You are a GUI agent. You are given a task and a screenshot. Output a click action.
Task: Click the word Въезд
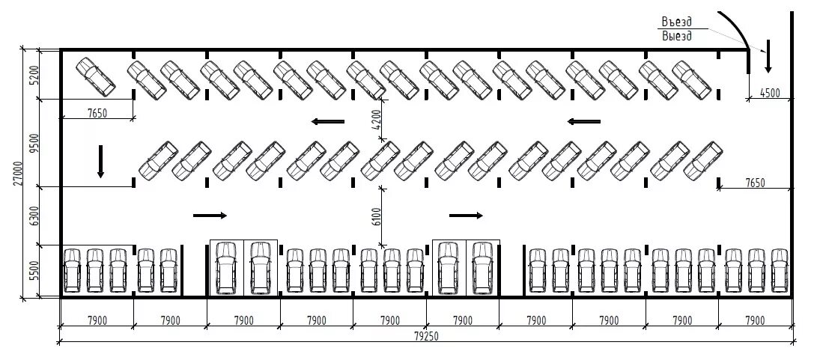(677, 22)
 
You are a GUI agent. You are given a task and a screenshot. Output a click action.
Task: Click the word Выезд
(677, 35)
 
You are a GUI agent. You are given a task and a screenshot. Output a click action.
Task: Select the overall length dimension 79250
(426, 336)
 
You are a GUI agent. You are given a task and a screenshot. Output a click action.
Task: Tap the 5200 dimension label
(34, 75)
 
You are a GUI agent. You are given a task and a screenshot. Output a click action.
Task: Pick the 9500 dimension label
(34, 142)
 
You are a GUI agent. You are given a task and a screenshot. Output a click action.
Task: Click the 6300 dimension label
(34, 216)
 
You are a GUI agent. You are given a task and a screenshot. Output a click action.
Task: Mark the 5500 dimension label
(34, 270)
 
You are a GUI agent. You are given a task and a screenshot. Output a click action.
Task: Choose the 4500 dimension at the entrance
(770, 93)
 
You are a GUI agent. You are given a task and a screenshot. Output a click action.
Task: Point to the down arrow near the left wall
(100, 162)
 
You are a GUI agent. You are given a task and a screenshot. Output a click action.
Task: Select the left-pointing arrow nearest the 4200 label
(328, 121)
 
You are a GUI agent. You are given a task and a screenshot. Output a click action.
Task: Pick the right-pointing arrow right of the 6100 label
(466, 216)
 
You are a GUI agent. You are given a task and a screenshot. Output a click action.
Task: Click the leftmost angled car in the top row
(95, 76)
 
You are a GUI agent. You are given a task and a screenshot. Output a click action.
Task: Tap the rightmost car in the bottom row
(780, 270)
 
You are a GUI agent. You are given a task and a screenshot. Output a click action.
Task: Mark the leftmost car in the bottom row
(72, 270)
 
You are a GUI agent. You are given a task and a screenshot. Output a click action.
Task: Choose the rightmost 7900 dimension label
(755, 321)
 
